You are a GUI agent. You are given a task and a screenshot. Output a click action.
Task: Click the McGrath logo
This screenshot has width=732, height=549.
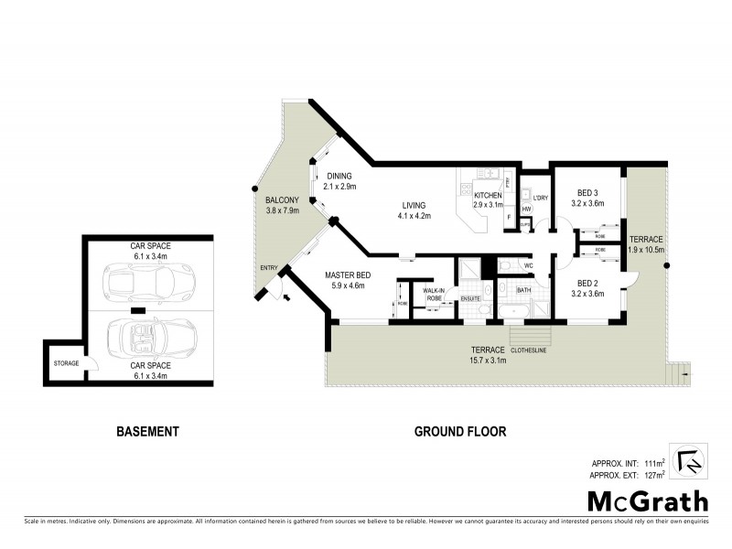647,501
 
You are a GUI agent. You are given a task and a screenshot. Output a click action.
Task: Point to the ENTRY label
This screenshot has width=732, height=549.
268,267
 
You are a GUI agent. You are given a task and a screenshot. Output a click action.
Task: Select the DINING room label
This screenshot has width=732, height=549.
339,176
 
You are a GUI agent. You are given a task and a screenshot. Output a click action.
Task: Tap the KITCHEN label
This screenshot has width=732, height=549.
488,195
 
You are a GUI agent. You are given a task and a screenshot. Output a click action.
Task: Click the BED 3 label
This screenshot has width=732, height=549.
587,193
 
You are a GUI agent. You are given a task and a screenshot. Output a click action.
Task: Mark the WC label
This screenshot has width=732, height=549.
529,266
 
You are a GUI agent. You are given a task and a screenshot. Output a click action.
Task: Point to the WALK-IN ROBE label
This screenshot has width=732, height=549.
434,294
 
